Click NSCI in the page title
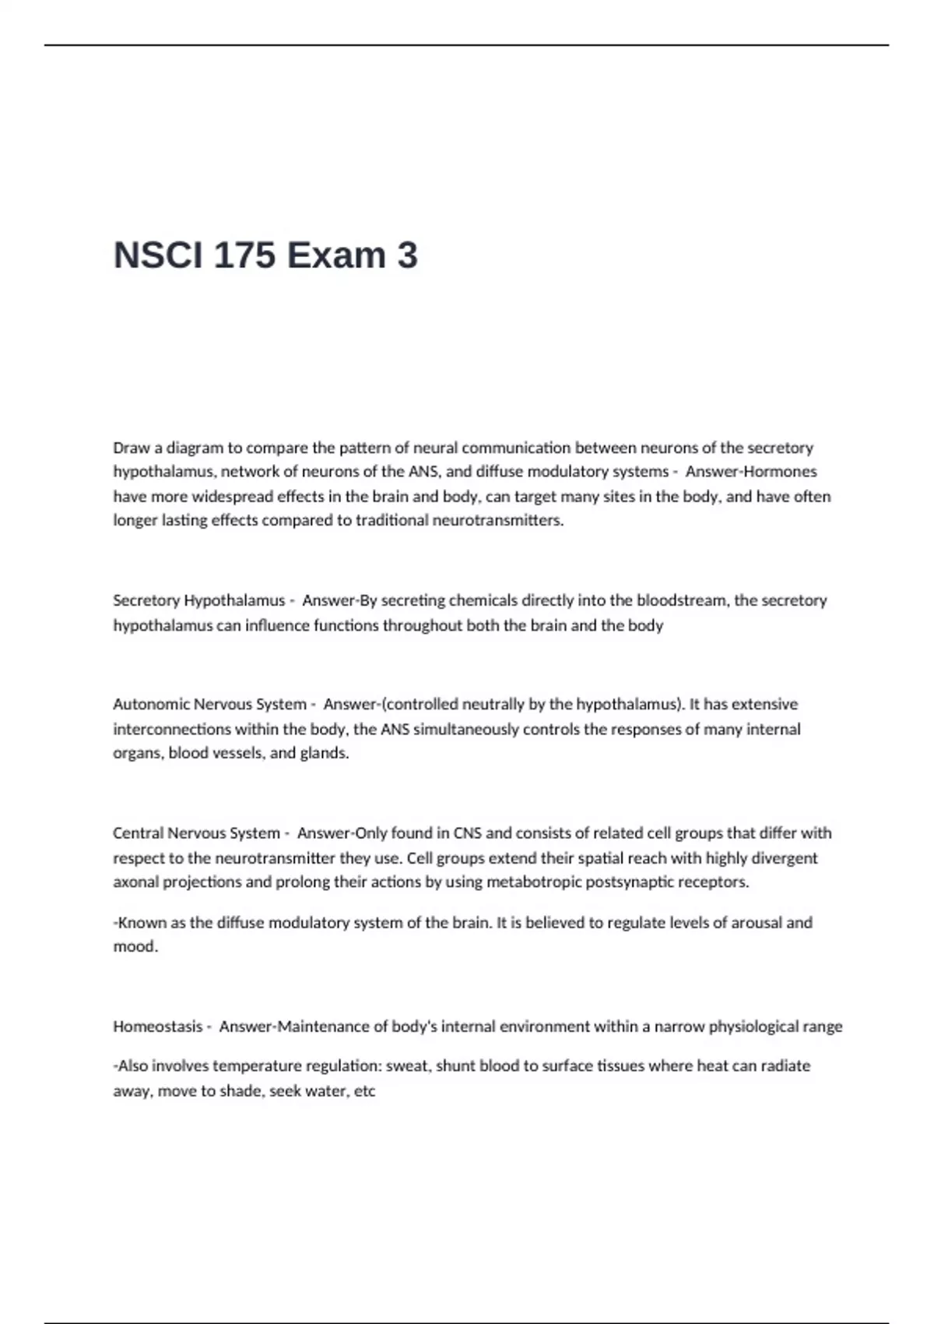click(158, 255)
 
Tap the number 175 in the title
click(244, 255)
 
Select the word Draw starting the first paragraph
click(131, 448)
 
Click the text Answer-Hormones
click(751, 472)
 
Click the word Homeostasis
click(157, 1026)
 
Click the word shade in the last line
click(239, 1091)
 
